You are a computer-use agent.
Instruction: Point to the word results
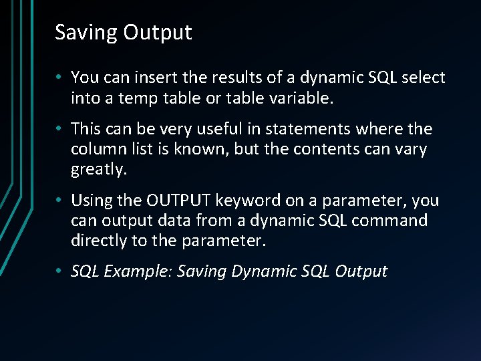220,78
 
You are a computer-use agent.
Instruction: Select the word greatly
98,170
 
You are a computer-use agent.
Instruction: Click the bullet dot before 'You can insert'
59,78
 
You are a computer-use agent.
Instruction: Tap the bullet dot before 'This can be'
59,129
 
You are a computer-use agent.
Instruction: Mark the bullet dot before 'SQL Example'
59,271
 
